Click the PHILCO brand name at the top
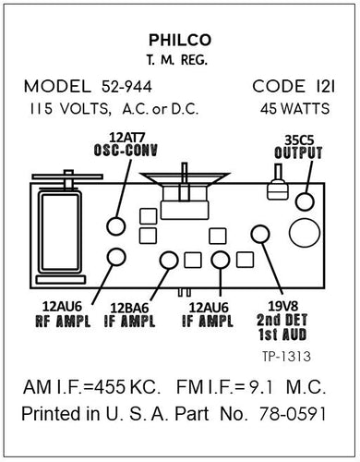179,40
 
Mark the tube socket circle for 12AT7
115,225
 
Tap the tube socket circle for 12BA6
168,260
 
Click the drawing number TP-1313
286,354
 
